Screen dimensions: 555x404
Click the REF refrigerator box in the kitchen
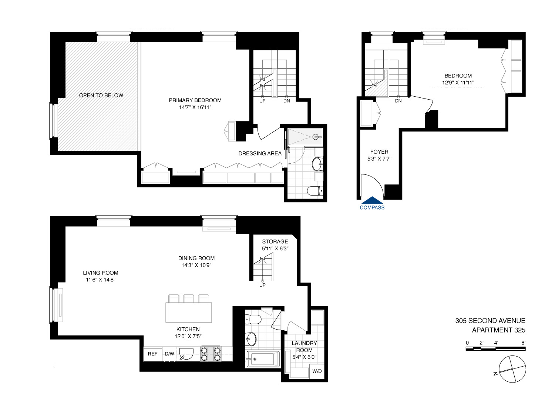coord(152,354)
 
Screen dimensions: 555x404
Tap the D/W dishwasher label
coord(169,354)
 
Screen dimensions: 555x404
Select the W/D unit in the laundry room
coord(317,371)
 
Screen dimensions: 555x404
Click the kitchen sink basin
coord(186,354)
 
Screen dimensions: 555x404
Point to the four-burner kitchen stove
coord(211,354)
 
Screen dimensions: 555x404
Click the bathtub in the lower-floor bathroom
coord(263,359)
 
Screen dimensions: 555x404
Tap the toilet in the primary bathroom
coord(315,191)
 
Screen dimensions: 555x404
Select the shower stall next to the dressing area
coord(305,137)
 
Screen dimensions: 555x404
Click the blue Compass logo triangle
coord(372,200)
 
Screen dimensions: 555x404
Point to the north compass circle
coord(512,369)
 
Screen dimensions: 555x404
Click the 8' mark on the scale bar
coord(523,343)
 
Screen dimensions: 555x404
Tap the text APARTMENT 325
coord(498,330)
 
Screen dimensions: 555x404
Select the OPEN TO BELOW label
coord(101,96)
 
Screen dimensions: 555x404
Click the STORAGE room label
coord(275,241)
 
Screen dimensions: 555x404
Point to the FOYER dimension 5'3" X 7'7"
coord(379,159)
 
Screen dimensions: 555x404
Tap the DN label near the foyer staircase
coord(398,101)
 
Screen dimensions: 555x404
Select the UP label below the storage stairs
coord(262,285)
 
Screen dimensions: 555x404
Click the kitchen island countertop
coord(189,313)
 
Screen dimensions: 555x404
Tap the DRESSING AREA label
coord(260,154)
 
